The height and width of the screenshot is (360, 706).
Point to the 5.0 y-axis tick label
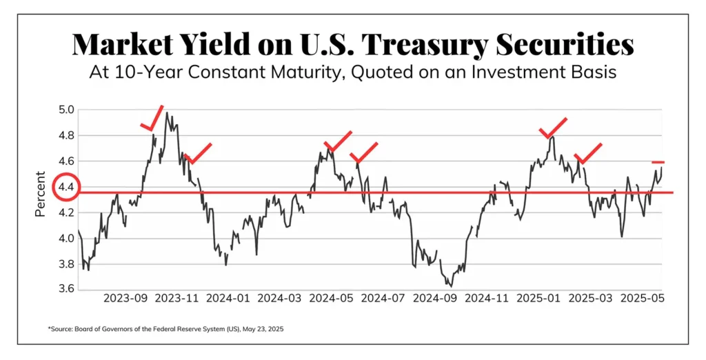(66, 110)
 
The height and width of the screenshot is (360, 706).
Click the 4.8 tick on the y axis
(66, 136)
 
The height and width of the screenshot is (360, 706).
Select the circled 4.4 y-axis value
(67, 188)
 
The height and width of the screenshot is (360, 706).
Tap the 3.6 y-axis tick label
(66, 290)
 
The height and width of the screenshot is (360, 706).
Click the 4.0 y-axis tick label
(66, 239)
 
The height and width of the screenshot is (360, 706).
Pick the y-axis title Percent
(40, 194)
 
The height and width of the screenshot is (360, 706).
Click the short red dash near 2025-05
(658, 162)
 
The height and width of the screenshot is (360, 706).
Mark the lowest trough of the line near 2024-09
(450, 285)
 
